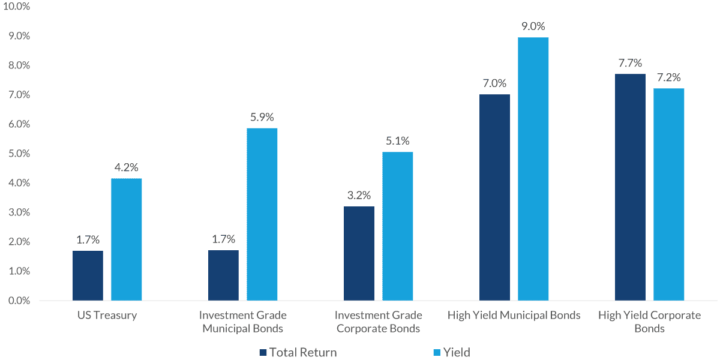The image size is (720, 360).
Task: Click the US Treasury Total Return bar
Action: coord(88,275)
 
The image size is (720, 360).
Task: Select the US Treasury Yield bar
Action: coord(127,239)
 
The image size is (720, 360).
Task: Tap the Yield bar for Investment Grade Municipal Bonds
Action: coord(262,214)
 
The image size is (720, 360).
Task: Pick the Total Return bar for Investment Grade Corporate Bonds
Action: coord(359,253)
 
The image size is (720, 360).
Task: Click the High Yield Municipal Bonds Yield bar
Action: coord(533,169)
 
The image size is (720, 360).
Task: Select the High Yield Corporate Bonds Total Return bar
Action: coord(630,187)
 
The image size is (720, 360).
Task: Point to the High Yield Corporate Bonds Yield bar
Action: coord(669,194)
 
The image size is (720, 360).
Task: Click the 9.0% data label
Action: coord(533,26)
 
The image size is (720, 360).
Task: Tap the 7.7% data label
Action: coord(630,63)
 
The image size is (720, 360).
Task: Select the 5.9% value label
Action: coord(262,117)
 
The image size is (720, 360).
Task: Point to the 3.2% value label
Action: coord(359,196)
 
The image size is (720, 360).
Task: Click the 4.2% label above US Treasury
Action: coord(127,167)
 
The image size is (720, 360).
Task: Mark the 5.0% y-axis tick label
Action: coord(19,154)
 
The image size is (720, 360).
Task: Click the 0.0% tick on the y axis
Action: coord(19,301)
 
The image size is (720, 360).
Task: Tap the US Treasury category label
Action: coord(107,316)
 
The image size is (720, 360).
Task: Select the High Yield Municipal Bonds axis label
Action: coord(514,316)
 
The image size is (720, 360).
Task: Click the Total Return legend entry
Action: coord(303,353)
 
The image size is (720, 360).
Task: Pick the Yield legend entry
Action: coord(457,353)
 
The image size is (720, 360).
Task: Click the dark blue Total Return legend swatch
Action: coord(263,353)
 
